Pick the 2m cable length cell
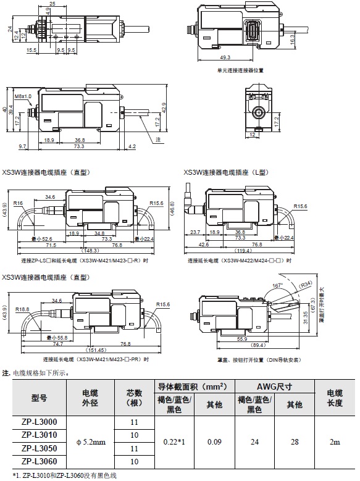click(334, 441)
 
